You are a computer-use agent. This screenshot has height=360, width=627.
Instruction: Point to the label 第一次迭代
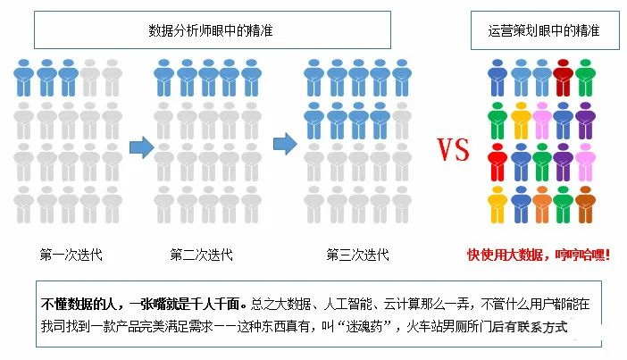(x=71, y=255)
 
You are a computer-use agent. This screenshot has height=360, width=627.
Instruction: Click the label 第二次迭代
(x=202, y=255)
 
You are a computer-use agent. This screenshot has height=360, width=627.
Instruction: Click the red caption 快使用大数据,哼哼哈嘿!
(x=539, y=255)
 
